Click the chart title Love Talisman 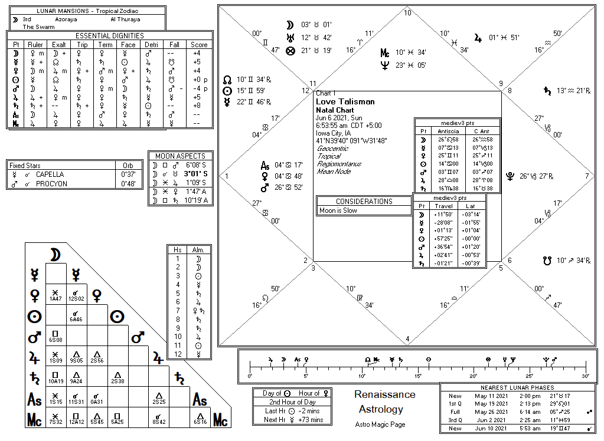click(345, 101)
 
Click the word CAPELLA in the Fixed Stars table click(50, 175)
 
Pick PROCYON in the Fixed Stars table click(51, 183)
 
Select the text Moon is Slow click(338, 210)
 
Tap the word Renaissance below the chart click(384, 394)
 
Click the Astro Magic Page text click(380, 424)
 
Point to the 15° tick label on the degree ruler click(418, 376)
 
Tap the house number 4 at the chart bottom click(407, 338)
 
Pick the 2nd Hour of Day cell click(287, 401)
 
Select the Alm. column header click(198, 250)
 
